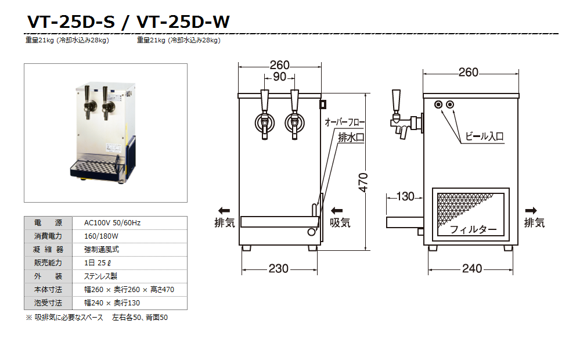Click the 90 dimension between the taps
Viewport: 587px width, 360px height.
click(279, 77)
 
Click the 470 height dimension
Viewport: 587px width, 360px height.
click(363, 182)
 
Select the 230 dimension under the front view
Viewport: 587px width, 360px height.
click(279, 268)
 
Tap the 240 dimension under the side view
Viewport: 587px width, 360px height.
click(471, 268)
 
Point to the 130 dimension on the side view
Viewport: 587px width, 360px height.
click(405, 196)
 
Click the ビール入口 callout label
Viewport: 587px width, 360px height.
click(484, 136)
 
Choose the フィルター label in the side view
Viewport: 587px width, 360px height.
click(473, 229)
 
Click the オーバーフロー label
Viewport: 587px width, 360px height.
click(344, 123)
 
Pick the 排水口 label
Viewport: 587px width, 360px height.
click(351, 138)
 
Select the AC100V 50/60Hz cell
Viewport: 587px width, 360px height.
click(113, 223)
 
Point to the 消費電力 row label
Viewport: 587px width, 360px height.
click(48, 236)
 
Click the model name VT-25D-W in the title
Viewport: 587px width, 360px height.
click(183, 21)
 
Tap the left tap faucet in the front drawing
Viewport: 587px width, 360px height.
click(264, 122)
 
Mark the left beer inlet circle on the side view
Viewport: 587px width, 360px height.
click(438, 105)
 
